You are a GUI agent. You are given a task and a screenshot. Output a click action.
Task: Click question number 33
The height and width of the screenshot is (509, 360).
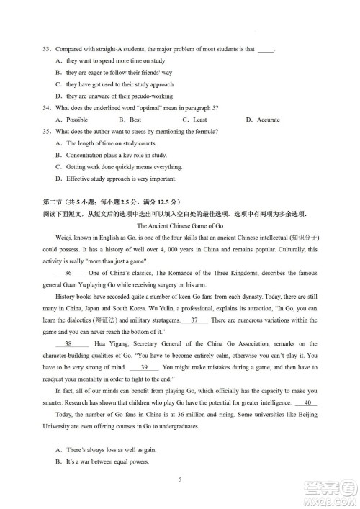(48, 49)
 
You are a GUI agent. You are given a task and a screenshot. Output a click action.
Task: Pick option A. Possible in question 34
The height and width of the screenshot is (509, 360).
(71, 120)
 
